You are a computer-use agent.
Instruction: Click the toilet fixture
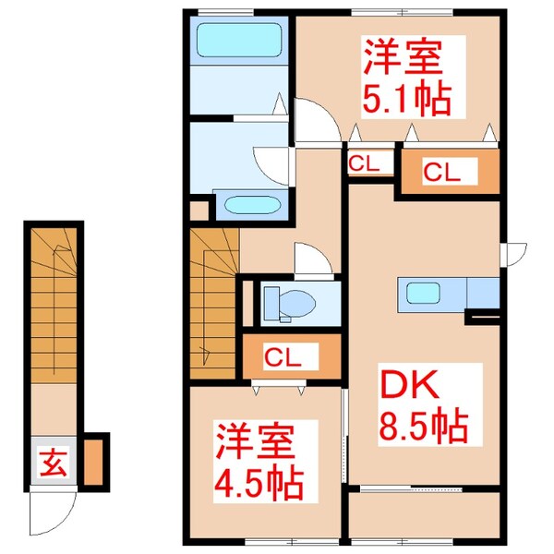pos(281,302)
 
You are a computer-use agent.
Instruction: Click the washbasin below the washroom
pos(247,205)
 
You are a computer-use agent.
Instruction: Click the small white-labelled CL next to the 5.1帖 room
pos(363,164)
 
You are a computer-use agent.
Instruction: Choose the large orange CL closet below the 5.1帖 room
pos(448,171)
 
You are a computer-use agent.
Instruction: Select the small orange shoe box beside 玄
pos(93,464)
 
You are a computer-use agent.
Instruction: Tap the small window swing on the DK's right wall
pos(512,251)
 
